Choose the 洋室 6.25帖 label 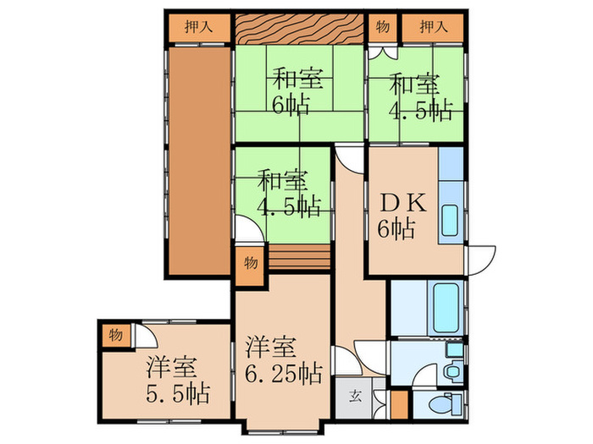click(x=283, y=360)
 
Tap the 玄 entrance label click(x=354, y=396)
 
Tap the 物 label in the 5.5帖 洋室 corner click(x=115, y=335)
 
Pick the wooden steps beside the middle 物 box click(x=301, y=257)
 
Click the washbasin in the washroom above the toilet click(x=454, y=365)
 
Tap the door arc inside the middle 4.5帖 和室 click(x=247, y=228)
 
